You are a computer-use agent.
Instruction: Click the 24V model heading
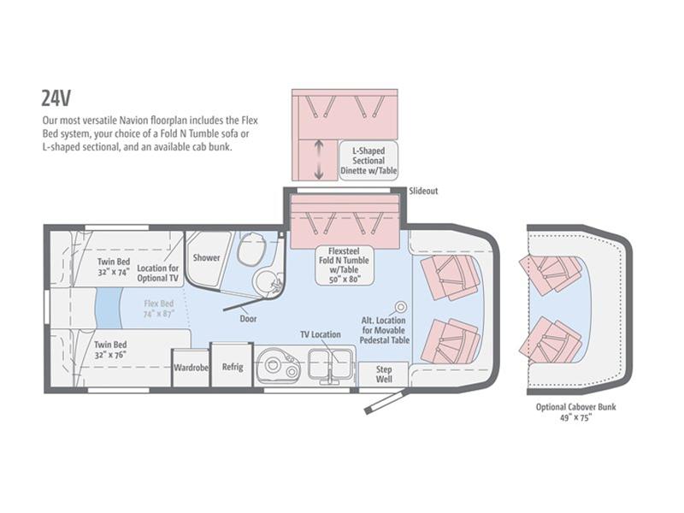[56, 98]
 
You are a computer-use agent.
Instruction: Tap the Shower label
[206, 258]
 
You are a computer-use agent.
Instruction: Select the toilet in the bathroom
[251, 248]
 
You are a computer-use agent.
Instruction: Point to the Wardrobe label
[191, 368]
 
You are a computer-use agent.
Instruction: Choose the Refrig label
[232, 367]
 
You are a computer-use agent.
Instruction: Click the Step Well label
[384, 374]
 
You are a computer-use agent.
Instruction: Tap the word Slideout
[423, 191]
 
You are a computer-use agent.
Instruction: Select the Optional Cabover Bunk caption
[575, 412]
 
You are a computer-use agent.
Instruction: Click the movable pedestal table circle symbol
[400, 307]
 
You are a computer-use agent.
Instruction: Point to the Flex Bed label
[159, 309]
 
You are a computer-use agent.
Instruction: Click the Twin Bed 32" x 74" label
[114, 267]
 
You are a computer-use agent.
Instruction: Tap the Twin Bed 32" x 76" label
[110, 350]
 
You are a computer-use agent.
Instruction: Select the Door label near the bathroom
[248, 319]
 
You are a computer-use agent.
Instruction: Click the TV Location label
[320, 334]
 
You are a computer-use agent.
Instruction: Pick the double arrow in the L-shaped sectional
[319, 159]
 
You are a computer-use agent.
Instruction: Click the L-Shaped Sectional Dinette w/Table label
[369, 161]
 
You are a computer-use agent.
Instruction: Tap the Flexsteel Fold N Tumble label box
[345, 265]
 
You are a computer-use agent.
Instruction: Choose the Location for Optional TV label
[158, 273]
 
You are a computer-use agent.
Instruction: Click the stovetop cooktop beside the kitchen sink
[278, 366]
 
